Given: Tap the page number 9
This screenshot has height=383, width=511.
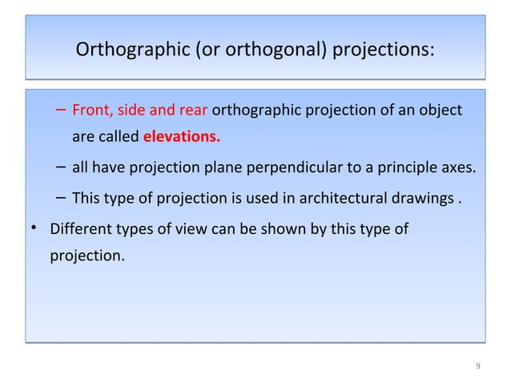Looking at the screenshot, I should (477, 367).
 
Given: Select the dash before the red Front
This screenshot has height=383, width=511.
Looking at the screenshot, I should (62, 110).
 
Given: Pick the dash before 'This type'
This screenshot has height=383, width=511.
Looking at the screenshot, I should (62, 197).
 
